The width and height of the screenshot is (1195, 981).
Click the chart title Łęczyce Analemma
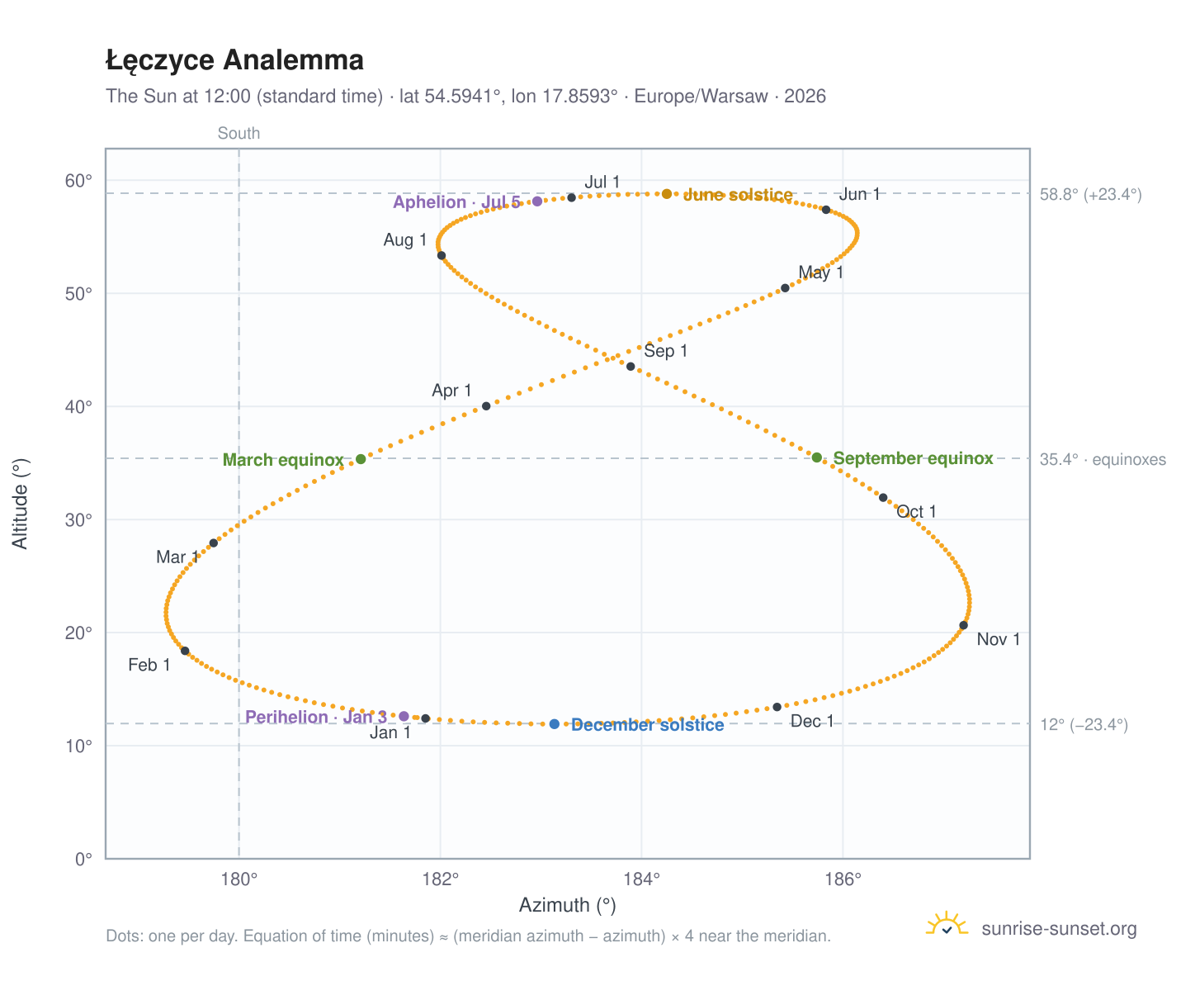point(234,60)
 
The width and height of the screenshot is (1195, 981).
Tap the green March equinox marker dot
point(360,458)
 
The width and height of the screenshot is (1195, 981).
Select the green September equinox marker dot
point(815,457)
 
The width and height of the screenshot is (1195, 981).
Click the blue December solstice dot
point(554,723)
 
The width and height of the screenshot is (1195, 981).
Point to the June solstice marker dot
point(666,193)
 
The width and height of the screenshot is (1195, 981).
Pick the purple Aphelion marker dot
point(536,201)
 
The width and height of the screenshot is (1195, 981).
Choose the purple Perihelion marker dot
point(404,716)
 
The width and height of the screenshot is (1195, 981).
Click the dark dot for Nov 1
point(962,624)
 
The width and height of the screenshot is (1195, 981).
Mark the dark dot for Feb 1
point(185,650)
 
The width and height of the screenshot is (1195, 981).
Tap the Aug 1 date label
point(404,239)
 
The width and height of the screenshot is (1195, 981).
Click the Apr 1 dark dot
point(485,405)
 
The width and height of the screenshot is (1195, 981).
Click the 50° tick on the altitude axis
point(78,294)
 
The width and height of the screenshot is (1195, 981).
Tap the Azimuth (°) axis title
point(567,904)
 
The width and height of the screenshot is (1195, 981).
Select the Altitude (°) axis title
point(20,503)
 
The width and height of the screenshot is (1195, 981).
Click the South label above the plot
point(239,133)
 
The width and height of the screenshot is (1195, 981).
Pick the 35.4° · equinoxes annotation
point(1102,458)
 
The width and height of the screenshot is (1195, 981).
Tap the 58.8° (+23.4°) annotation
point(1089,194)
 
